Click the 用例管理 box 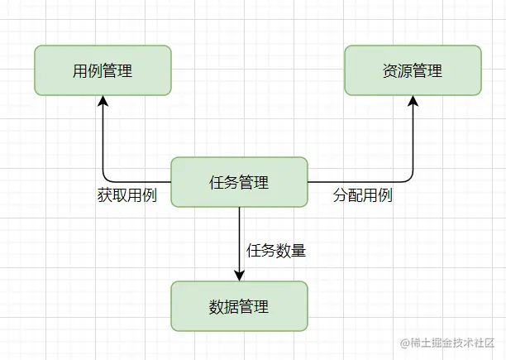[103, 70]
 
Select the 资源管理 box [413, 70]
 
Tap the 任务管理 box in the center [239, 182]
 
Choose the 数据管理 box [239, 306]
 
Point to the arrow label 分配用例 [362, 196]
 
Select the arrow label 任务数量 [276, 249]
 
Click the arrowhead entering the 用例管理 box [103, 101]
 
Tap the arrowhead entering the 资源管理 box [413, 101]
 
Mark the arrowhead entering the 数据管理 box [239, 276]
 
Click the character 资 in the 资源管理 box [390, 71]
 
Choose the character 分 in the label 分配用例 [340, 196]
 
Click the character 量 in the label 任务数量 [298, 249]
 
